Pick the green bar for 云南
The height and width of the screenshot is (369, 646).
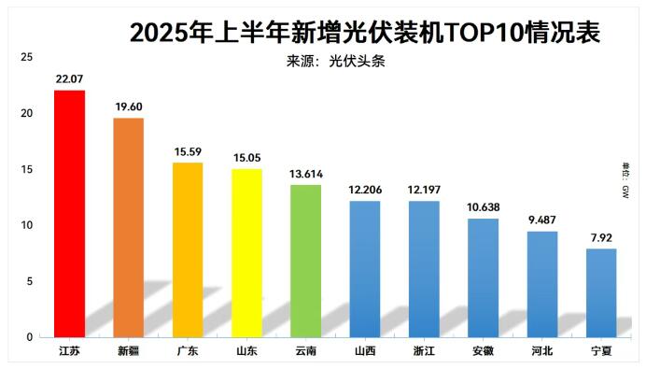point(305,261)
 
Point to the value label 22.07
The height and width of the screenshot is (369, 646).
point(70,79)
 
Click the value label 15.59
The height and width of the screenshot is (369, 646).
point(188,151)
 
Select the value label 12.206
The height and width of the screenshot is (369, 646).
point(364,190)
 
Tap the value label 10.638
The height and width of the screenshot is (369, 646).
point(483,207)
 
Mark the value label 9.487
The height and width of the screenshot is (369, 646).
point(541,220)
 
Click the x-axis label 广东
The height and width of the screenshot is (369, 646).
point(188,352)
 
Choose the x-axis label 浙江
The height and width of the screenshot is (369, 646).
point(424,352)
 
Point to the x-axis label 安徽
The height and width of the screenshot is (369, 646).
point(483,352)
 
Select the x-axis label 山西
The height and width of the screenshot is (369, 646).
point(365,352)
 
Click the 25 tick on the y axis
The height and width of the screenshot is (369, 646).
point(26,58)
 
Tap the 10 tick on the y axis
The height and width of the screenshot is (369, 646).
point(26,225)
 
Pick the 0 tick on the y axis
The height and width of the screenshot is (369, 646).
point(30,337)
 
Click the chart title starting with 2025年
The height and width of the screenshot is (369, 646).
point(364,32)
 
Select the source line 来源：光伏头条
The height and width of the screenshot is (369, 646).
point(335,62)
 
